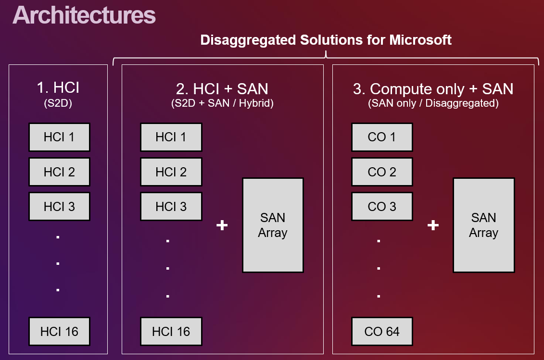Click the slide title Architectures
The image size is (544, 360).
point(84,15)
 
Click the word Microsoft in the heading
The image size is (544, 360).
point(420,40)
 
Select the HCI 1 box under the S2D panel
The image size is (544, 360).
point(59,137)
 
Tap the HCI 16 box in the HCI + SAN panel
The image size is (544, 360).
point(171,332)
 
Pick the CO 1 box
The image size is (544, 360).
point(382,137)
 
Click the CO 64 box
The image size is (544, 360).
point(382,332)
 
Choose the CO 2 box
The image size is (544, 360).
point(382,172)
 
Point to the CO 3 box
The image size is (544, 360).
point(382,207)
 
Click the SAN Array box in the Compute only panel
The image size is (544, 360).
point(483,225)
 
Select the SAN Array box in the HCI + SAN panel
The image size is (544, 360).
point(273,225)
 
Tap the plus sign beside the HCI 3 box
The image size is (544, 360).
point(222,225)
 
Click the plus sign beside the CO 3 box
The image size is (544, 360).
point(433,225)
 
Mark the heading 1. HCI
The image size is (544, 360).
point(58,87)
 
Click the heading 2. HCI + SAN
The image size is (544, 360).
point(222,89)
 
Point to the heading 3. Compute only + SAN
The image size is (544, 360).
point(433,89)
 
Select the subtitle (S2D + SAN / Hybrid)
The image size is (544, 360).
point(222,103)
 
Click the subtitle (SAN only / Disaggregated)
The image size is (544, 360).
point(433,103)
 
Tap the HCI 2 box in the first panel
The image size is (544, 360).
point(59,172)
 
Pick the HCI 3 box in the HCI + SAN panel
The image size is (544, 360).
point(171,207)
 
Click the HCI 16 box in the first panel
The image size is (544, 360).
point(59,332)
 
